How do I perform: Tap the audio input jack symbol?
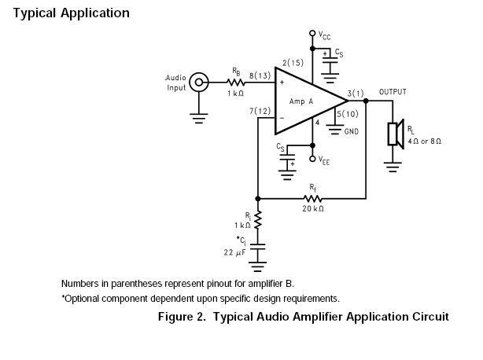coord(201,82)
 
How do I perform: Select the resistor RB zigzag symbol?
coord(236,82)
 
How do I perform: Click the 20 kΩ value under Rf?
coord(313,208)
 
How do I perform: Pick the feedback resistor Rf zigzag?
coord(313,197)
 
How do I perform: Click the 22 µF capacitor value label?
coord(235,252)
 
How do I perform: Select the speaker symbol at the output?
coord(395,134)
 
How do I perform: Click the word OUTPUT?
coord(393,92)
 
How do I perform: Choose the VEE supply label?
coord(325,160)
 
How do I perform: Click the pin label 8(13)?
coord(261,76)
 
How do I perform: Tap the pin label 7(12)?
coord(261,112)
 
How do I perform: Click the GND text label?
coord(352,131)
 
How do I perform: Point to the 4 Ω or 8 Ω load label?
coord(426,141)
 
